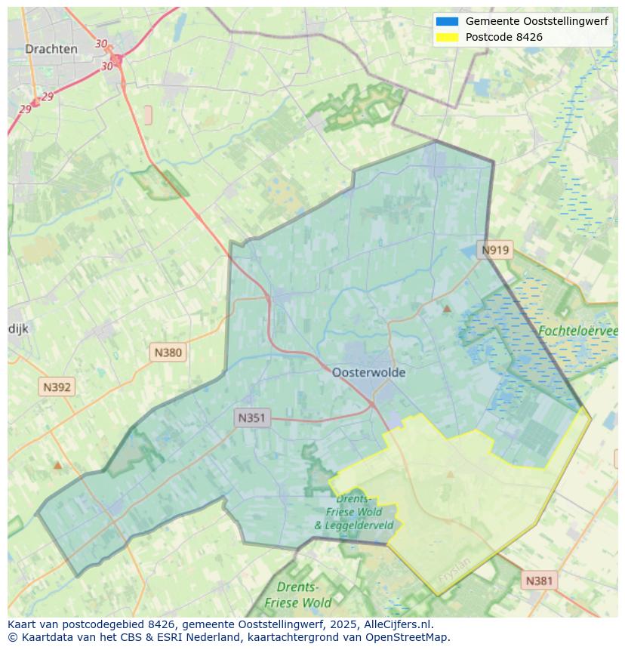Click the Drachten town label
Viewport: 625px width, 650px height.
[51, 49]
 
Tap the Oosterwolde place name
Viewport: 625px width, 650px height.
[368, 372]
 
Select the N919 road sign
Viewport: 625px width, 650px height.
[496, 250]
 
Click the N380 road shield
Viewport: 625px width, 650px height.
[168, 352]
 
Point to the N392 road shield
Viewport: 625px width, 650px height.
[57, 387]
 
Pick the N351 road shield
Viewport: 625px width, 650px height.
[251, 417]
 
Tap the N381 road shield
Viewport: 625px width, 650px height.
[539, 581]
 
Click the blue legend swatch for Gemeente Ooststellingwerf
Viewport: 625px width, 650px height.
[447, 21]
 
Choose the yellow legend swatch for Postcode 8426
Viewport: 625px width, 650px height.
[447, 37]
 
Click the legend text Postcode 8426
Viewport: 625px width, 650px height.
[503, 37]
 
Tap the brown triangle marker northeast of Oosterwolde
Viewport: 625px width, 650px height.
[447, 309]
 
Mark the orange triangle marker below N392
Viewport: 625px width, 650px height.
[57, 465]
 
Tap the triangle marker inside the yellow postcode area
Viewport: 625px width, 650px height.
[451, 475]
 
